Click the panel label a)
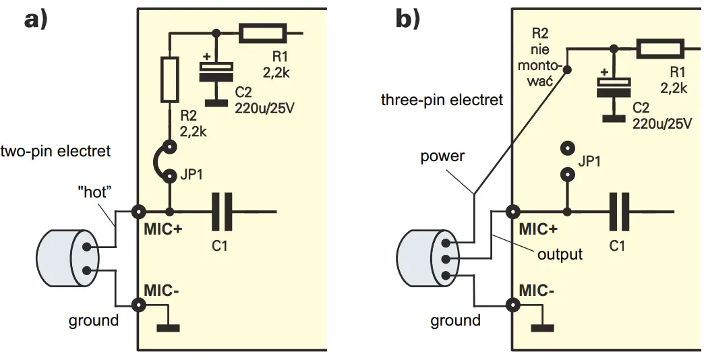(36, 20)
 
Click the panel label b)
(407, 20)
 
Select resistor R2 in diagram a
(169, 80)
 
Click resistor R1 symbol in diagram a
(263, 32)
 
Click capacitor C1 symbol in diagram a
(223, 212)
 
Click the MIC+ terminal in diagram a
(139, 212)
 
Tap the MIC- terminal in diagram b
(511, 305)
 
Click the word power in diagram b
(442, 156)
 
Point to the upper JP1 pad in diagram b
(569, 148)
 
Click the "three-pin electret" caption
(442, 100)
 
